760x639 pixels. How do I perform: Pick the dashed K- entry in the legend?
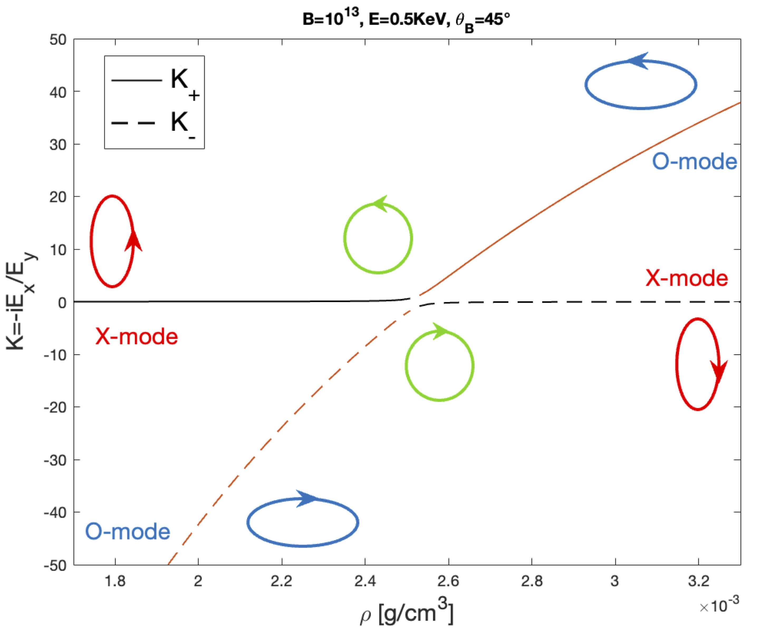pos(154,123)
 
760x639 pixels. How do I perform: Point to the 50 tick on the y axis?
pos(58,40)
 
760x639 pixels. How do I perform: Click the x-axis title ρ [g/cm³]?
pos(406,612)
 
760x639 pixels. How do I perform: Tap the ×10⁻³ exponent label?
pos(719,605)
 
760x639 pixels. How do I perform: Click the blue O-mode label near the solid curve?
pos(694,162)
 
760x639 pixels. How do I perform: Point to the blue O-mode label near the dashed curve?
pos(128,532)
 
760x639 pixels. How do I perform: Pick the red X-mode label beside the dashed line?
pos(686,278)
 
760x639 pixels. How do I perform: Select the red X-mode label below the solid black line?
pos(137,337)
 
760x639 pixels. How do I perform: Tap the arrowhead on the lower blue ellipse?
pos(306,499)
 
